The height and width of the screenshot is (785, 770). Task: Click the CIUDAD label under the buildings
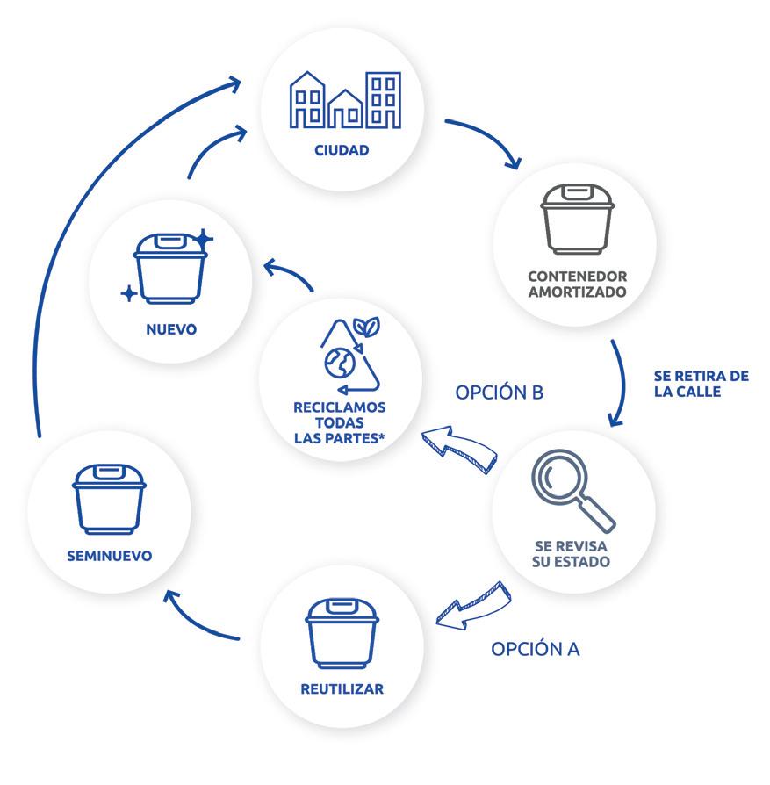pyautogui.click(x=342, y=150)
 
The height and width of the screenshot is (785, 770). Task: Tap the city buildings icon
pyautogui.click(x=345, y=100)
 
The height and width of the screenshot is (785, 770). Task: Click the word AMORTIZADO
pyautogui.click(x=577, y=291)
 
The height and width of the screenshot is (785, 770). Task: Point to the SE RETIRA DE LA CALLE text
pyautogui.click(x=701, y=384)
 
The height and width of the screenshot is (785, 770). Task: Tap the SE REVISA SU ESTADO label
pyautogui.click(x=571, y=553)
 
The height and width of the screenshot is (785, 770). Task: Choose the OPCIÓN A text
pyautogui.click(x=535, y=649)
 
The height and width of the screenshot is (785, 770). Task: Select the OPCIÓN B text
pyautogui.click(x=499, y=392)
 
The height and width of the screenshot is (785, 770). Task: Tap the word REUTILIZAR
pyautogui.click(x=342, y=688)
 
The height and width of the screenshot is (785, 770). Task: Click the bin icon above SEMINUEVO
pyautogui.click(x=108, y=498)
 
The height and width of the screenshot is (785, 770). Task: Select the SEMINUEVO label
pyautogui.click(x=109, y=555)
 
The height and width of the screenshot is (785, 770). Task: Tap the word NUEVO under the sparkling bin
pyautogui.click(x=172, y=330)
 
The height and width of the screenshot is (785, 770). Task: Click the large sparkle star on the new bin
pyautogui.click(x=204, y=237)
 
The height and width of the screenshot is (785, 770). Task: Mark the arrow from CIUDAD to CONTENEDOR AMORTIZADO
pyautogui.click(x=487, y=140)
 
